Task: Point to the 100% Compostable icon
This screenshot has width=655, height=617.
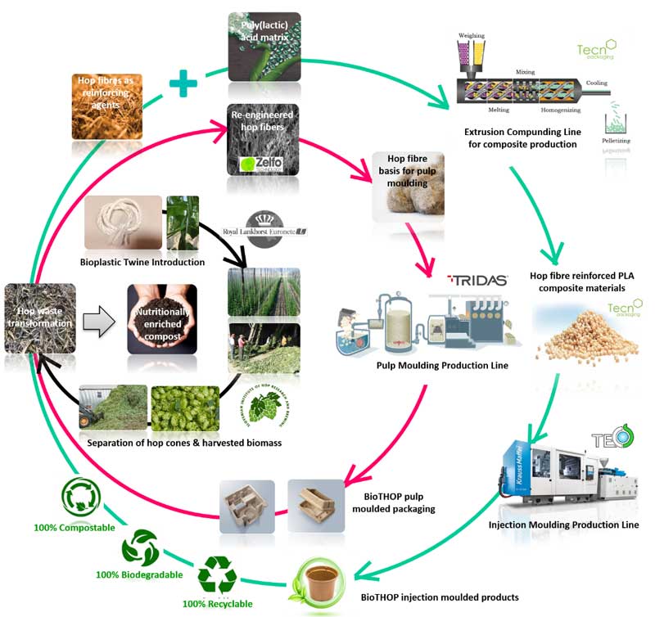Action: (x=81, y=497)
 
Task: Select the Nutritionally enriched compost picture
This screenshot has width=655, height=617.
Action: (x=161, y=318)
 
